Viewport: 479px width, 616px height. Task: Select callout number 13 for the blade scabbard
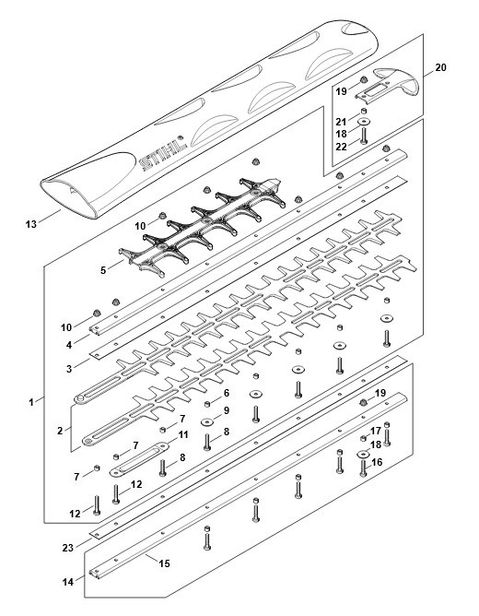pyautogui.click(x=31, y=224)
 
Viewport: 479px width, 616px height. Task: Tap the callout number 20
pyautogui.click(x=440, y=67)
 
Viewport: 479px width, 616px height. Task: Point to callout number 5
pyautogui.click(x=103, y=270)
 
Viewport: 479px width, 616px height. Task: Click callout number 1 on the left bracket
pyautogui.click(x=31, y=402)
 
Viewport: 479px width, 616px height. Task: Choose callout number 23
pyautogui.click(x=68, y=547)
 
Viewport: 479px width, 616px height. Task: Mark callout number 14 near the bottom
pyautogui.click(x=68, y=582)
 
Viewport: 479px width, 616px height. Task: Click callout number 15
pyautogui.click(x=164, y=563)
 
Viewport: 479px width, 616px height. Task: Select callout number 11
pyautogui.click(x=183, y=435)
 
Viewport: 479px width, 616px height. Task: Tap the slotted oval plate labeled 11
pyautogui.click(x=139, y=459)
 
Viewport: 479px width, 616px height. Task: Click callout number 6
pyautogui.click(x=227, y=393)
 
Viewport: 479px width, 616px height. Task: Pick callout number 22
pyautogui.click(x=342, y=147)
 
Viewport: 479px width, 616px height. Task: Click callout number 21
pyautogui.click(x=341, y=122)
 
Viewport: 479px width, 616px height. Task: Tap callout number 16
pyautogui.click(x=377, y=462)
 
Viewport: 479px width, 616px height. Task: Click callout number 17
pyautogui.click(x=376, y=431)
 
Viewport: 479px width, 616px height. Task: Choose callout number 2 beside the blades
pyautogui.click(x=60, y=431)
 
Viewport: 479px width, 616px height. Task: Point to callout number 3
pyautogui.click(x=69, y=369)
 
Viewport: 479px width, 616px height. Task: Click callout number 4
pyautogui.click(x=69, y=345)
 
